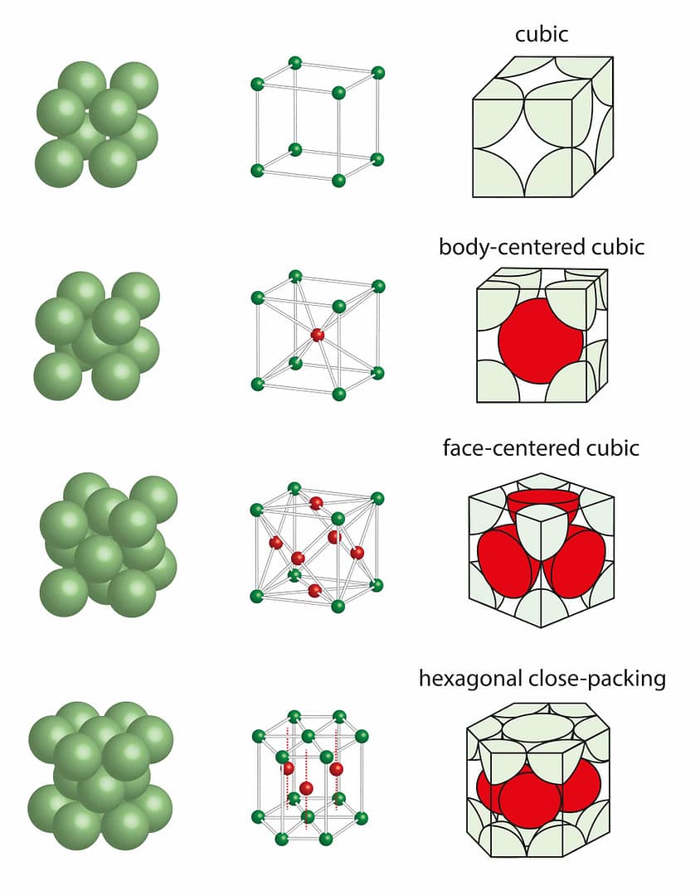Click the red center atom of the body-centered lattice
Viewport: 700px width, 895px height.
317,335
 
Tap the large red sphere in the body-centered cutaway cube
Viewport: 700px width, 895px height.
540,341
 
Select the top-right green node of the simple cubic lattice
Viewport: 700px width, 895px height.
378,73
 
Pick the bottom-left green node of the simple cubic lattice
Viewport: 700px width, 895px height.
257,171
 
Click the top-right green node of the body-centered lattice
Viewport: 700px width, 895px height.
378,287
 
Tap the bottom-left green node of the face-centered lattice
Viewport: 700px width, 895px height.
257,596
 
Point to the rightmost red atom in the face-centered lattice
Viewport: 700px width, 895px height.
357,552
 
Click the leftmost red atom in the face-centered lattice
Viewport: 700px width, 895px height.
275,543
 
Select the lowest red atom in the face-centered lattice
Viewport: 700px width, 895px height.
314,590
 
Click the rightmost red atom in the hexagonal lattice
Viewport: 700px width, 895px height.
336,769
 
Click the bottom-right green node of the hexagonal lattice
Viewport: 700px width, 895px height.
362,818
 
